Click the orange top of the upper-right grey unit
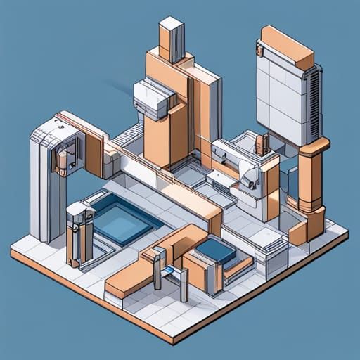[287, 46]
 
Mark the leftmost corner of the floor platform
[12, 250]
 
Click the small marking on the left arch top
[60, 127]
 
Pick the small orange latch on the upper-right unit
[259, 49]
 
